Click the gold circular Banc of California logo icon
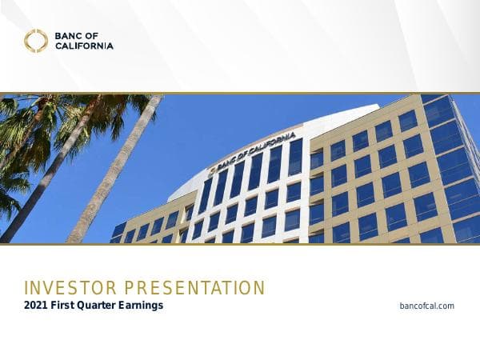pos(36,41)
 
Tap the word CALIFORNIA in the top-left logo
pos(85,46)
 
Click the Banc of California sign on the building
pos(255,148)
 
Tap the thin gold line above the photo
pos(240,93)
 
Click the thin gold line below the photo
pos(240,244)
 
